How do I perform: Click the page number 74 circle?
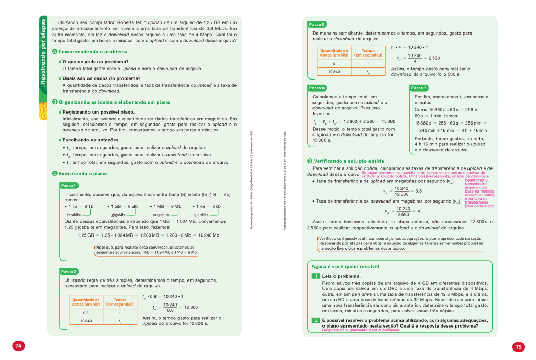tap(18, 345)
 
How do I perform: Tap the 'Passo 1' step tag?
tap(69, 185)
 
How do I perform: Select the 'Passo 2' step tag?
tap(69, 271)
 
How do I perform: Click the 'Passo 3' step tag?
tap(317, 24)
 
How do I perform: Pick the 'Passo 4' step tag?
tap(317, 88)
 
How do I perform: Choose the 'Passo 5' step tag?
tap(419, 88)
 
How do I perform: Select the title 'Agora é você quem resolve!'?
tap(345, 266)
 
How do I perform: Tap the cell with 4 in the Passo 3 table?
tap(334, 63)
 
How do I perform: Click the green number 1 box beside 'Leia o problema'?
tap(316, 276)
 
